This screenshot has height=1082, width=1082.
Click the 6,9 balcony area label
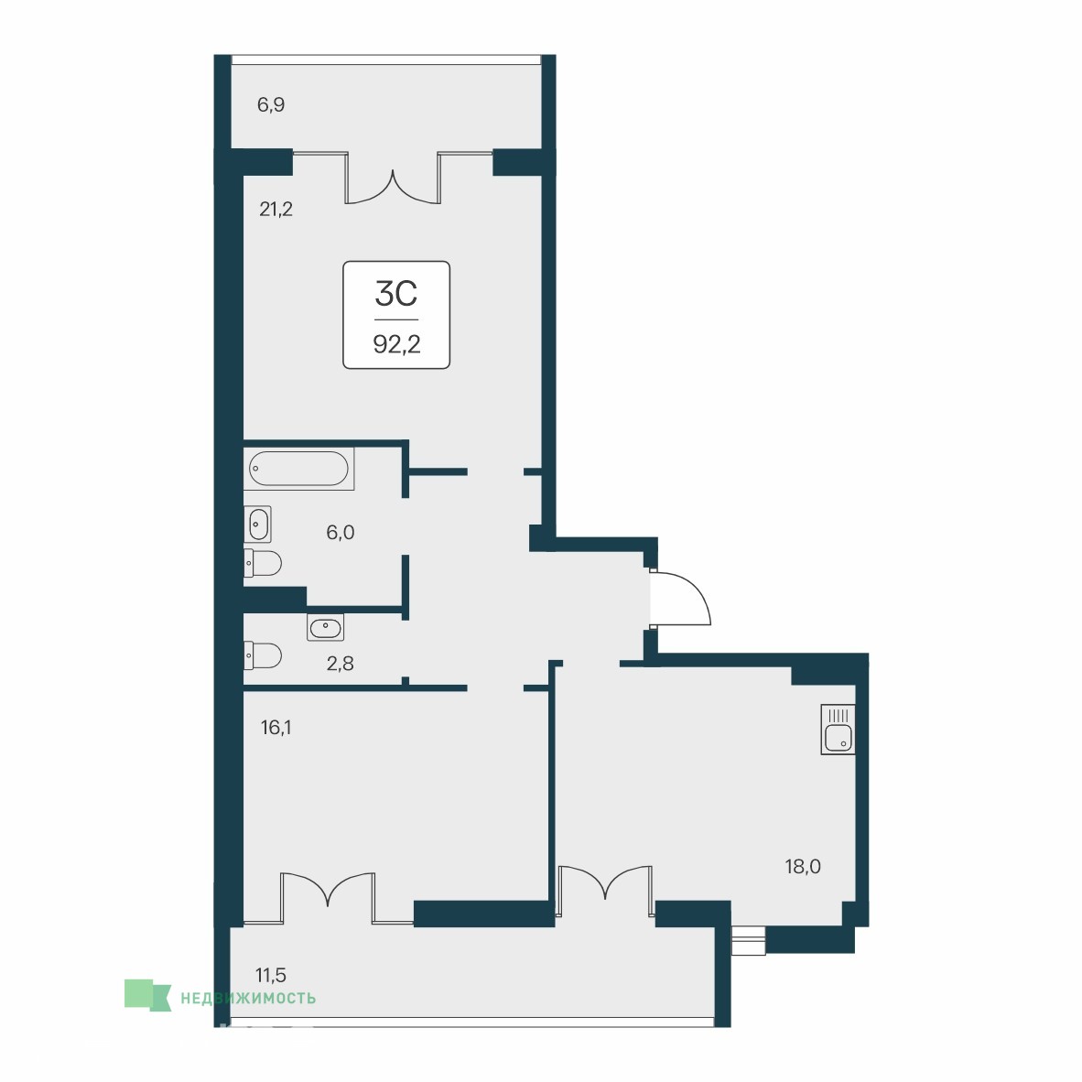click(x=271, y=105)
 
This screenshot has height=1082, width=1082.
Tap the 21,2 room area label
click(x=276, y=209)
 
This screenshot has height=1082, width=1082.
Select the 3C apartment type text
click(x=396, y=294)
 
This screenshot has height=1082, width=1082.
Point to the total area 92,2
click(x=396, y=343)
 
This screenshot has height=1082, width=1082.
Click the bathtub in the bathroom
click(x=298, y=469)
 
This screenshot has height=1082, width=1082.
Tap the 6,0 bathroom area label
click(x=341, y=532)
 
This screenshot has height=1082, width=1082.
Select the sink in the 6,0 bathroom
click(x=257, y=525)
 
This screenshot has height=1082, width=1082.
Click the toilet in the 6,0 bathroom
click(x=263, y=563)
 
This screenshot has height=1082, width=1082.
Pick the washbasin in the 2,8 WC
click(x=325, y=627)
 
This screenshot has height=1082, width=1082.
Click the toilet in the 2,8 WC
click(x=263, y=656)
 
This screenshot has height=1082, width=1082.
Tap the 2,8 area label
click(x=341, y=664)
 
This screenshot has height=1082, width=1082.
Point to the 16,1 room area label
click(x=276, y=728)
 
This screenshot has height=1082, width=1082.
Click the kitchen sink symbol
click(x=838, y=730)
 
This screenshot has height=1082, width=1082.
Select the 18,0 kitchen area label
click(x=803, y=866)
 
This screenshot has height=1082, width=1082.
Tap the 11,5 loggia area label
click(x=271, y=975)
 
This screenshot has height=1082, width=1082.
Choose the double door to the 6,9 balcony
click(x=393, y=177)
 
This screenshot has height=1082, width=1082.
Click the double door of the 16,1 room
click(x=328, y=897)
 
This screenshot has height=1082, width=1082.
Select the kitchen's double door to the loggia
click(x=606, y=891)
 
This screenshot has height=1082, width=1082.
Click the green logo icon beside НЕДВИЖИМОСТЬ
click(x=147, y=996)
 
